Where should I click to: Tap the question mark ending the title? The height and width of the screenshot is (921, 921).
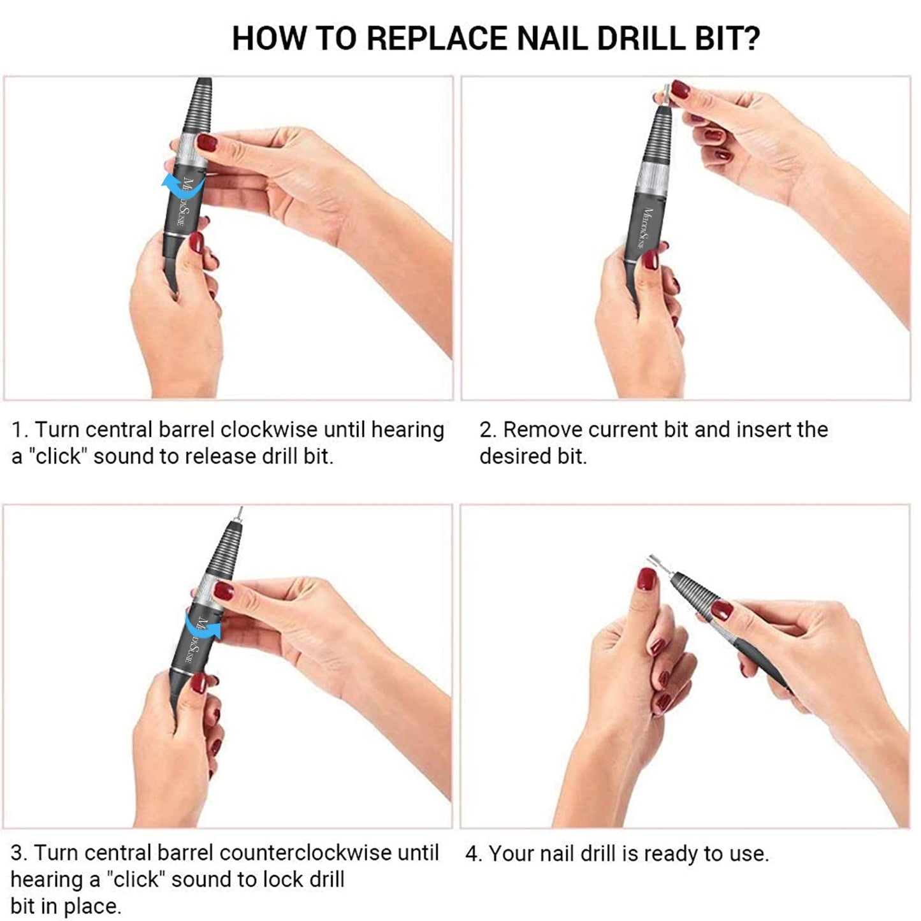[x=751, y=38]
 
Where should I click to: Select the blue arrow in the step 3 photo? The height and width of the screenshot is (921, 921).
[x=203, y=624]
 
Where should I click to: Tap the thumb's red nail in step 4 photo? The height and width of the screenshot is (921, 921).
[x=647, y=579]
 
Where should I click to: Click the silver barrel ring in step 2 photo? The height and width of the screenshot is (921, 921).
[x=651, y=176]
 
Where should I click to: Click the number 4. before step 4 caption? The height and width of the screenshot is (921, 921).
[x=474, y=853]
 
